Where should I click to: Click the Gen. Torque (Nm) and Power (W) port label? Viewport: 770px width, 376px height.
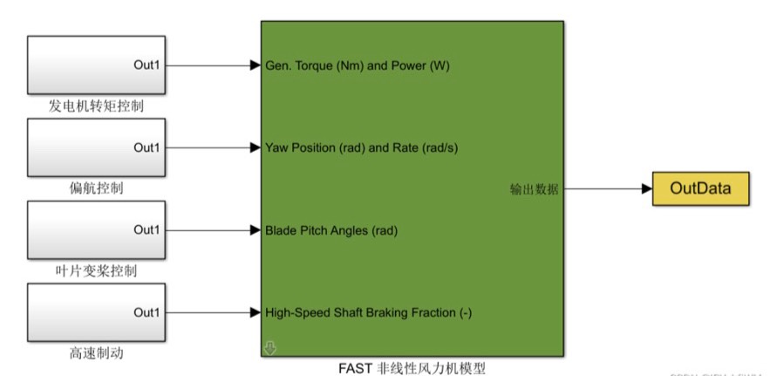pos(358,65)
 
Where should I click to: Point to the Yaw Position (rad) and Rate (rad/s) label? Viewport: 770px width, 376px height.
pos(361,147)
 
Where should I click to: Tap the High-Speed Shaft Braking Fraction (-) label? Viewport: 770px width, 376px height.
pos(368,312)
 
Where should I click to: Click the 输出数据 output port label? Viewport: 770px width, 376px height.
pos(535,189)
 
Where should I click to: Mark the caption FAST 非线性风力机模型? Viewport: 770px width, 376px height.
pos(412,368)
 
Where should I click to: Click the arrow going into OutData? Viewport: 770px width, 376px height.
pos(610,188)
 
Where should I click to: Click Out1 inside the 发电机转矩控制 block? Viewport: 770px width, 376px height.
pos(147,65)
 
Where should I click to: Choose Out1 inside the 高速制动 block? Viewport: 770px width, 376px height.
pos(147,312)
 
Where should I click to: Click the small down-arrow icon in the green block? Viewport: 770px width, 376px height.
pos(270,348)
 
